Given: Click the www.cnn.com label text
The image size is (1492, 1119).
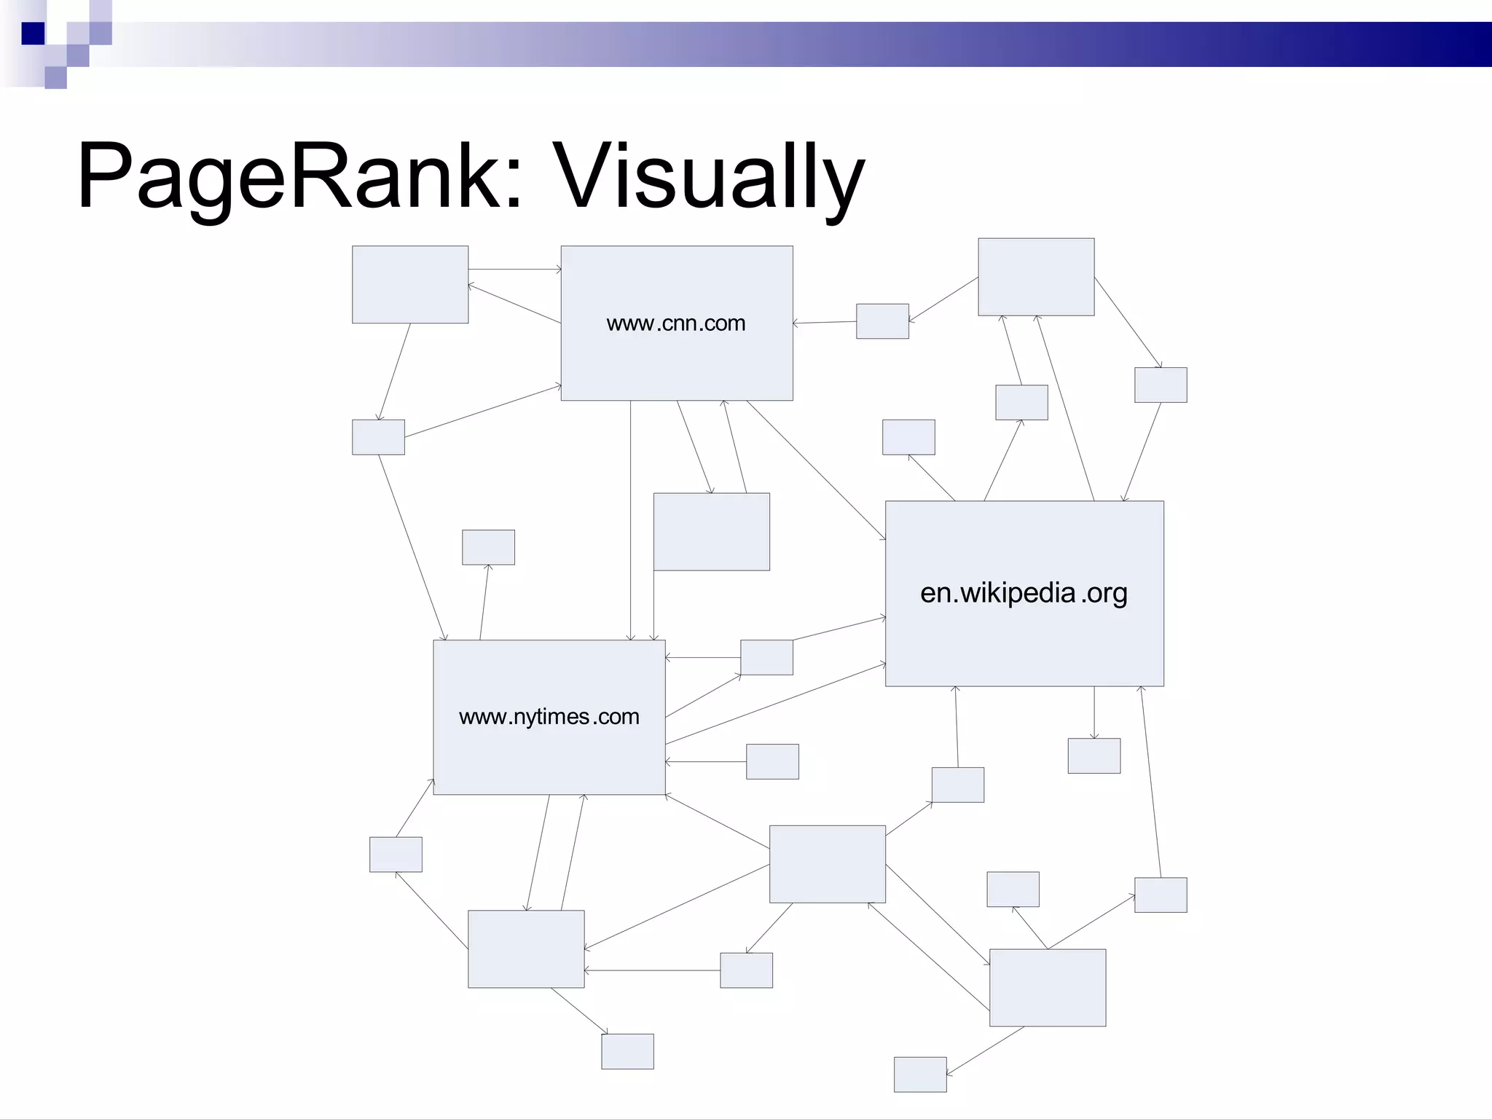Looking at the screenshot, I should tap(676, 323).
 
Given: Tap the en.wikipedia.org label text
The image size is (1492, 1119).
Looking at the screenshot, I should tap(1024, 593).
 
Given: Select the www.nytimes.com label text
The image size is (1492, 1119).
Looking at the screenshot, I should tap(549, 717).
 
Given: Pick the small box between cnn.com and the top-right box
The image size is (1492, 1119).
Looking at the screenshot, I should tap(882, 321).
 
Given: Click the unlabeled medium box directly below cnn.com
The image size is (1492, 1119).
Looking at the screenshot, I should tap(711, 532).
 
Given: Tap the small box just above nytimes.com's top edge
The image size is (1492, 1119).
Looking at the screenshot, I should tap(488, 547).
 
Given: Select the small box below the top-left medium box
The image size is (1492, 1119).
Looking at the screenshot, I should tap(378, 437).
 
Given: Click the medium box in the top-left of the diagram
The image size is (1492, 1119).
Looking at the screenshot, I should tap(410, 284).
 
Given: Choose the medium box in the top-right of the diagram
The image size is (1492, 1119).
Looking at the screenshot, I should tap(1036, 277).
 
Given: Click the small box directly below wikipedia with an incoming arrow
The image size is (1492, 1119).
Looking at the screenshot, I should tap(1094, 755).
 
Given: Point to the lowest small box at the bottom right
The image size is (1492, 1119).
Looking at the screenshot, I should tap(920, 1075).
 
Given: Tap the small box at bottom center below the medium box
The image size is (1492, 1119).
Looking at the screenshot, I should tap(627, 1051).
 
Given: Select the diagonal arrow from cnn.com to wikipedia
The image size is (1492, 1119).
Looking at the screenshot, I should tap(816, 470).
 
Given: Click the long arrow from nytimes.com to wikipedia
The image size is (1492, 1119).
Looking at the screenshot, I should tap(776, 704).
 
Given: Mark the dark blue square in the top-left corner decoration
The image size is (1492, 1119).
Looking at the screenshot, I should tap(33, 34).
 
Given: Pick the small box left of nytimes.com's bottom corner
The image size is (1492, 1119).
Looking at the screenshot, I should tap(396, 855).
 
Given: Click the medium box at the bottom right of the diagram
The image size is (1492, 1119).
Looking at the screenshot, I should tap(1048, 988).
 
